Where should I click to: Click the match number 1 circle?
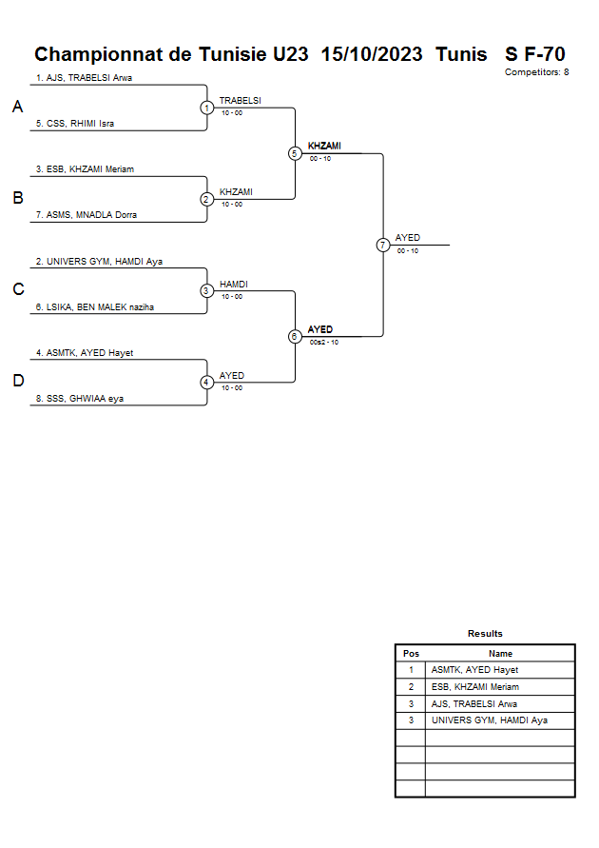[206, 108]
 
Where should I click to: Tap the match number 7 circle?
[383, 245]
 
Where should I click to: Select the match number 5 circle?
[295, 153]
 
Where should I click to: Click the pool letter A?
[17, 108]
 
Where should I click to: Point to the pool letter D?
[17, 382]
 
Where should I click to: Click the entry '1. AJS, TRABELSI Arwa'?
[84, 78]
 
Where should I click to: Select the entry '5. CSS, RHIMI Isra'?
[75, 124]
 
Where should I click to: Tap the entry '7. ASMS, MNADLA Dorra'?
[87, 215]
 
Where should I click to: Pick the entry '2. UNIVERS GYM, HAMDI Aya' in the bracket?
[100, 261]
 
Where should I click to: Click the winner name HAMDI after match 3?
[234, 285]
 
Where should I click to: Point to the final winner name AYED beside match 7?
[408, 238]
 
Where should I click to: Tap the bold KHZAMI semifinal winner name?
[324, 147]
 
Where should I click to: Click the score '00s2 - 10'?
[324, 342]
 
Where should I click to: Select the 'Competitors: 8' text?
[537, 72]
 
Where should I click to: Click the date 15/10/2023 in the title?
[372, 54]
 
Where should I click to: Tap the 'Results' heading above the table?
[485, 634]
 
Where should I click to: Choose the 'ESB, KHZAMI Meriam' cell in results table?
[475, 687]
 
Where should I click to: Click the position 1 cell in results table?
[411, 670]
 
